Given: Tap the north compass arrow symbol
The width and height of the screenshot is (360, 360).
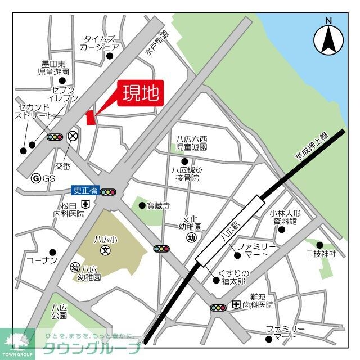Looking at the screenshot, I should (328, 39).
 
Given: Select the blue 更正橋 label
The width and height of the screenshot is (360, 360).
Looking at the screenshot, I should (85, 191).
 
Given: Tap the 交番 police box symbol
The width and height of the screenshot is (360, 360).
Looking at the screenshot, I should (72, 136).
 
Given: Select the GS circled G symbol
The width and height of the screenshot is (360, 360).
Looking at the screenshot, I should (36, 178).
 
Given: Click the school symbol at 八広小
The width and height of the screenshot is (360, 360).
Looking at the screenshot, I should (105, 250).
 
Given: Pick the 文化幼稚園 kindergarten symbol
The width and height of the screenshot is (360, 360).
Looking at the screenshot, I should (191, 237).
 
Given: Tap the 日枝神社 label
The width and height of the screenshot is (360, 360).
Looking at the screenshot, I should (321, 254).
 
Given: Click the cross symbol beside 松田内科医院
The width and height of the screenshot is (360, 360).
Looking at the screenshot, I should (85, 203).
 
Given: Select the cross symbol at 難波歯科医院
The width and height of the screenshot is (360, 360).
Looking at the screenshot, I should (236, 305).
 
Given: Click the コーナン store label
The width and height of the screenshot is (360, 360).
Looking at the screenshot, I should (42, 261).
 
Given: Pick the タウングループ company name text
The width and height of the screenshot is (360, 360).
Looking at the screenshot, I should (92, 347).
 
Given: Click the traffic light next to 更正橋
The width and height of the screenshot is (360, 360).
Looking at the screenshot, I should (108, 192).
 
